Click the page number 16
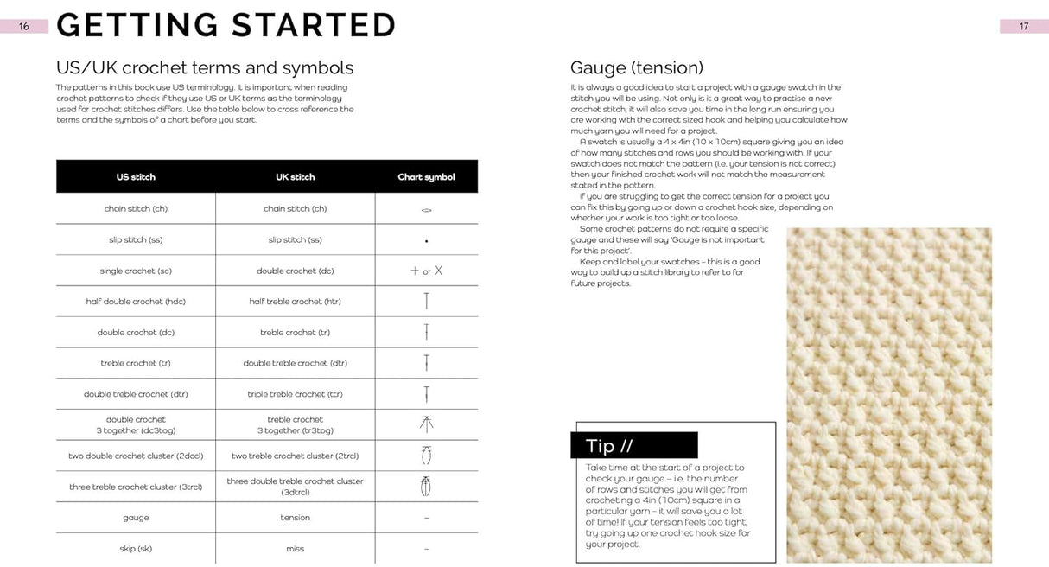pos(23,26)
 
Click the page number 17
pos(1024,26)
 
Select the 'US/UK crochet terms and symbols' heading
pos(205,67)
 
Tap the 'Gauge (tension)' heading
pos(637,67)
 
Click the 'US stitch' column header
pos(136,177)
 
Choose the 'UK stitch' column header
pos(295,177)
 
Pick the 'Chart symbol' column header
pos(426,177)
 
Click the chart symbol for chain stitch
pos(426,210)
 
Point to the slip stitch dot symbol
pos(426,241)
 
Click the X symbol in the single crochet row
pos(439,271)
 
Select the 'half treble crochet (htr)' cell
pos(295,302)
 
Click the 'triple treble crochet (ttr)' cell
pos(295,394)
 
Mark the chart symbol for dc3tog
pos(426,424)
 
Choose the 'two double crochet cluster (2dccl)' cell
pos(136,456)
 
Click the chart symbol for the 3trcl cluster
pos(426,486)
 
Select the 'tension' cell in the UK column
pos(295,518)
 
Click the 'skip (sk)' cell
pos(136,549)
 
